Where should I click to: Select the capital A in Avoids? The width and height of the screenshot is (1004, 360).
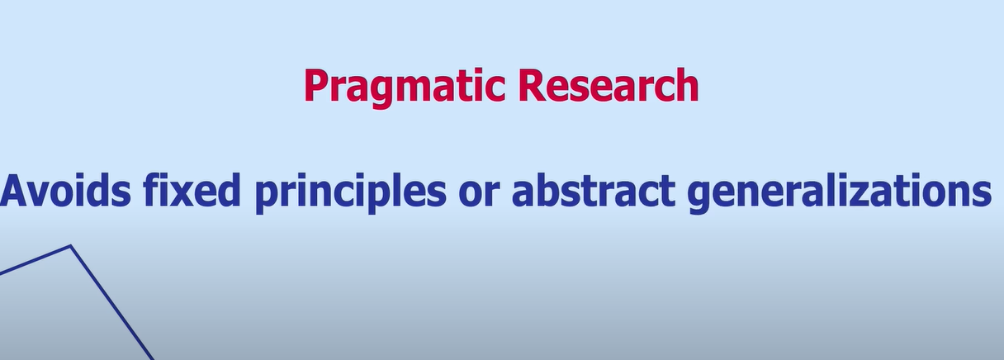point(16,192)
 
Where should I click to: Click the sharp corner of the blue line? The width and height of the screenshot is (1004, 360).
point(71,245)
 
